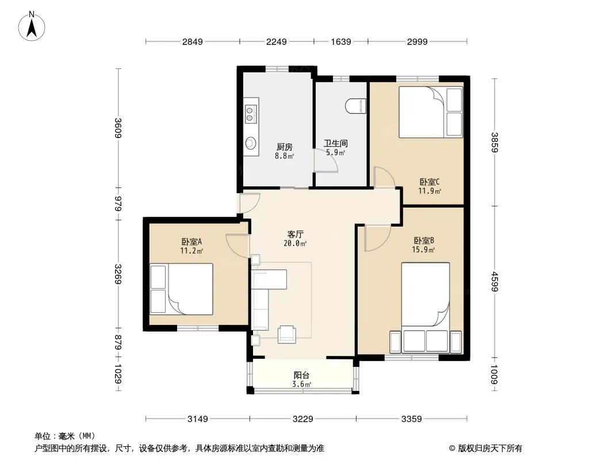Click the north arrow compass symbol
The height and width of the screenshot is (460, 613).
tap(32, 26)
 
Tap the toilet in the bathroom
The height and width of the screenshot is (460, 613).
tap(356, 106)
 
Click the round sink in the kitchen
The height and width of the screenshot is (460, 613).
tap(251, 143)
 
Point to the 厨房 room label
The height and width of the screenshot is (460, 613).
tap(284, 147)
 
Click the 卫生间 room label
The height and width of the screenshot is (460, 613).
tap(335, 143)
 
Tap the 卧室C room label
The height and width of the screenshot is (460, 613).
tap(430, 182)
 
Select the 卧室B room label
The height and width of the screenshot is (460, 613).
tap(424, 240)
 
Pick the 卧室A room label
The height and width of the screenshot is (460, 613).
tap(191, 241)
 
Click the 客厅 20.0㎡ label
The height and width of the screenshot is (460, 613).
tap(295, 239)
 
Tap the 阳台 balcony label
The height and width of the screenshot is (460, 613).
tap(301, 375)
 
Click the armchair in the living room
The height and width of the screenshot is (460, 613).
tap(287, 334)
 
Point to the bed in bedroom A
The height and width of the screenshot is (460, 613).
tap(181, 289)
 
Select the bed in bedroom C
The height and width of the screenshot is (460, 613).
tap(431, 112)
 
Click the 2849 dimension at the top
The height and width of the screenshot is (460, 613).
tap(192, 41)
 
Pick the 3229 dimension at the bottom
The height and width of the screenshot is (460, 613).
tap(303, 419)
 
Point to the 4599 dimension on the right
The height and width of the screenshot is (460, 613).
tap(495, 281)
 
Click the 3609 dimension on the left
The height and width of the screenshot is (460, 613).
tap(118, 128)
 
